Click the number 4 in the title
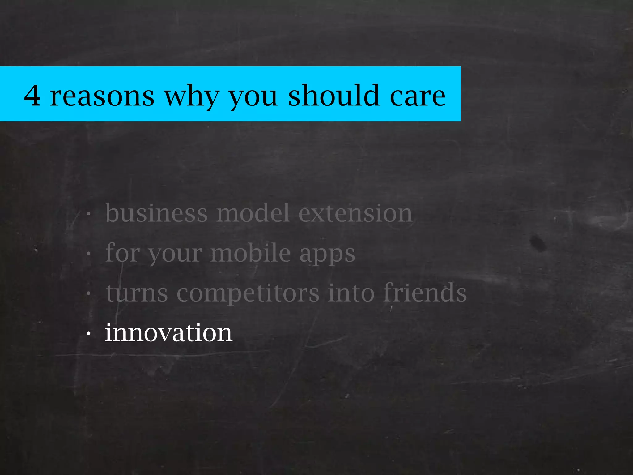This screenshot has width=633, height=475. [32, 96]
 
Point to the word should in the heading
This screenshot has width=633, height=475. [334, 95]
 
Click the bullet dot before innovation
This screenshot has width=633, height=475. [89, 334]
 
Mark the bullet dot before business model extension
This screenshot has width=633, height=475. [89, 214]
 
